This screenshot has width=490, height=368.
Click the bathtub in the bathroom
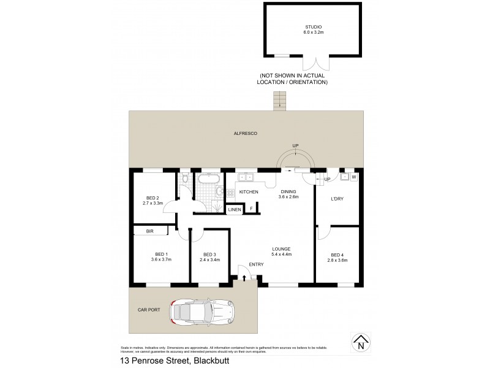click(x=209, y=180)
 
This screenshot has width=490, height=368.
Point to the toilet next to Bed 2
click(x=184, y=178)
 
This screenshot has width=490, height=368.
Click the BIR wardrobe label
click(x=149, y=231)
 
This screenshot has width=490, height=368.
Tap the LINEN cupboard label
click(x=234, y=210)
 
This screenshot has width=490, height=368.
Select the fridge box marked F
click(x=251, y=210)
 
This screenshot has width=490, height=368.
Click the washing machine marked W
click(x=354, y=177)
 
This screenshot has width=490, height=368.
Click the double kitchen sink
click(x=246, y=178)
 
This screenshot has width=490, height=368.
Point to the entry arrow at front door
click(x=244, y=278)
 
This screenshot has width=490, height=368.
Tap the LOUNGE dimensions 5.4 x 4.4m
click(x=282, y=254)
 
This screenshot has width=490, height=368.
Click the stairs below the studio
click(x=281, y=100)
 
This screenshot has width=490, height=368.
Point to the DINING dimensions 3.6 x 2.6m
click(x=288, y=197)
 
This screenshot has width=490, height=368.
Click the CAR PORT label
click(x=150, y=310)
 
